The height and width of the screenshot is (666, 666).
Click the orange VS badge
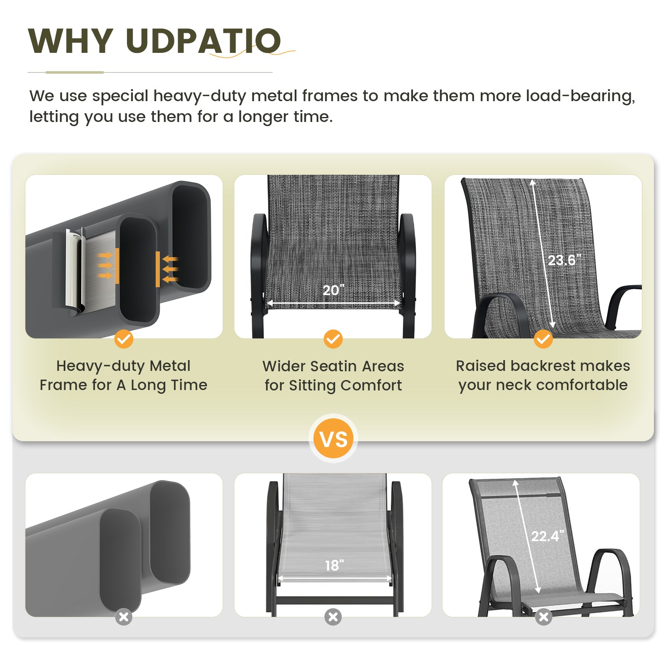coord(333,439)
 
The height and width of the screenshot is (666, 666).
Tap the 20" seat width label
coord(333,290)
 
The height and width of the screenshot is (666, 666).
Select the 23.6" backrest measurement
coord(564,260)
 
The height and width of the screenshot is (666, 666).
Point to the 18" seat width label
coord(334,565)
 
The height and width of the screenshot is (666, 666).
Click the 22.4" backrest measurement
coord(547,536)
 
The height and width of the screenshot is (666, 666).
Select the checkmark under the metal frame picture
coord(124,339)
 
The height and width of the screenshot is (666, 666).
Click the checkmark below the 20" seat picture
coord(333,339)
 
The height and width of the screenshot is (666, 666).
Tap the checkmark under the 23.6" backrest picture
coord(543,339)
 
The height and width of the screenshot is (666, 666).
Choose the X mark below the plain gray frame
coord(124,617)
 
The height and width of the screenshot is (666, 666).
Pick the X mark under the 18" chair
coord(333,617)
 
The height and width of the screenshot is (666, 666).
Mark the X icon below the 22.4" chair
coord(544,617)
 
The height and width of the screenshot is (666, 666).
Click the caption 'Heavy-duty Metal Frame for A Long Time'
coord(123,375)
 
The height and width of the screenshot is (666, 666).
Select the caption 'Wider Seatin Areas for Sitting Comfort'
coord(333,376)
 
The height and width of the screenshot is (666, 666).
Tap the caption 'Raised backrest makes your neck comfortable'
coord(543,375)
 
